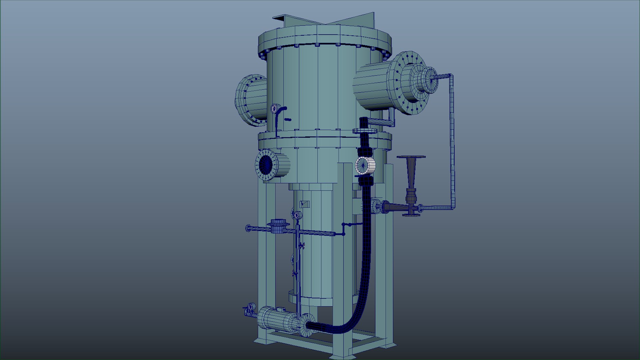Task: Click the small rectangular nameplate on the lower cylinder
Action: click(304, 204)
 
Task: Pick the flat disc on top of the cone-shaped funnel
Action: click(411, 157)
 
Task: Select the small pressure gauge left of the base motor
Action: click(251, 306)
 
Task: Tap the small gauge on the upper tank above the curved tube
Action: click(275, 108)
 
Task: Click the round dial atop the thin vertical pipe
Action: click(297, 215)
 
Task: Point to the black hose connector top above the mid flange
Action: click(364, 120)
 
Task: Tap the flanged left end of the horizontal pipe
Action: click(248, 228)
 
